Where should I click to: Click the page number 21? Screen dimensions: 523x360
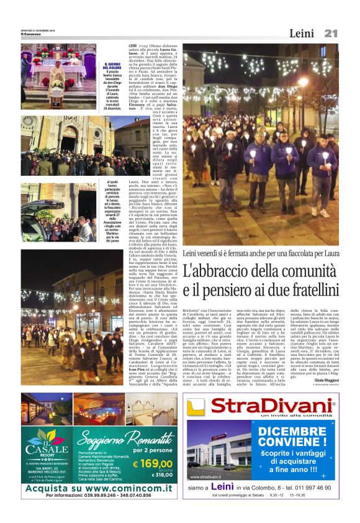330,33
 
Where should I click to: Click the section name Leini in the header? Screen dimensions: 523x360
302,34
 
